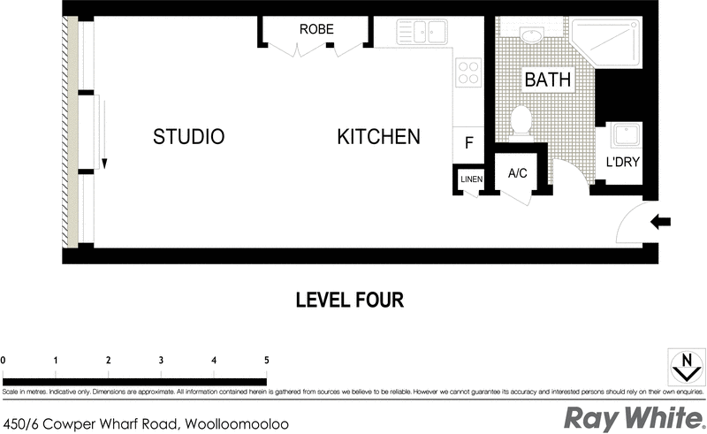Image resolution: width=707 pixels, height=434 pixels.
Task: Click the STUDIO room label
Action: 188,137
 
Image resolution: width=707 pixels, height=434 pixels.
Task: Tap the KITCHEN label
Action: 378,137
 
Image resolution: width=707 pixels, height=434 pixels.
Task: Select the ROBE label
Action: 316,29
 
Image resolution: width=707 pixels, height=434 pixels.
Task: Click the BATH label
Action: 548,80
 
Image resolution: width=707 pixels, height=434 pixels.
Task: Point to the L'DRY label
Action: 623,163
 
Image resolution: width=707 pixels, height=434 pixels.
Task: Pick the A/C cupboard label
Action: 518,173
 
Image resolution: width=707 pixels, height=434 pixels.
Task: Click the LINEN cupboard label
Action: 468,180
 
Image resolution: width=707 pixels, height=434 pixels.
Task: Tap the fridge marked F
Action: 468,141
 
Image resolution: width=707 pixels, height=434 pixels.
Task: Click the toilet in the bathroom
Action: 521,120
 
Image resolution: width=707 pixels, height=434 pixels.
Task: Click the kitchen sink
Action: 414,33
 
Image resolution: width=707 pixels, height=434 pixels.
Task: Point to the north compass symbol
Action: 685,365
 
